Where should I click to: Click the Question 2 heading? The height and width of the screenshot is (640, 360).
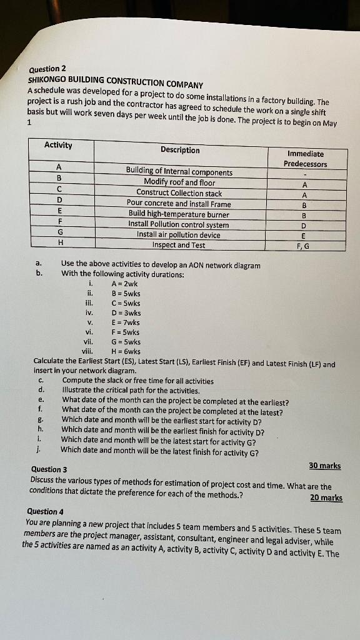point(47,69)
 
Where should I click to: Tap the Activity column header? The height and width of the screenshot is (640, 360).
point(58,146)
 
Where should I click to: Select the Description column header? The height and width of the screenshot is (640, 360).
point(180,150)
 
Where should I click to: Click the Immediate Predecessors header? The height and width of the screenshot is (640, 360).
point(306,159)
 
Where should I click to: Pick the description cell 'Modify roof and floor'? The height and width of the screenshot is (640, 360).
point(179,182)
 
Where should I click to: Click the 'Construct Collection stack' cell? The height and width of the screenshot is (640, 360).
point(179,193)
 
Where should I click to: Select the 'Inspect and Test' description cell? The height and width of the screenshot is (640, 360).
point(179,245)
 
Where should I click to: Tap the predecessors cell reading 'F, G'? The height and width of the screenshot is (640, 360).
point(302,246)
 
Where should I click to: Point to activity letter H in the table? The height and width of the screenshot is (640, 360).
point(59,242)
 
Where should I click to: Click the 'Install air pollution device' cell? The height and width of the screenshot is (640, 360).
point(179,235)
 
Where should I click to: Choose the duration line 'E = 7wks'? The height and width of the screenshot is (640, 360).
point(126,322)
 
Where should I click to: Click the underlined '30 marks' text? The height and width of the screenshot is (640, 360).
point(325,466)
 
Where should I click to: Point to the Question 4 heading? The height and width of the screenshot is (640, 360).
point(45,511)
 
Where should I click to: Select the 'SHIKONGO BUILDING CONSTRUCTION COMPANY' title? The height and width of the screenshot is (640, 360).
point(116,81)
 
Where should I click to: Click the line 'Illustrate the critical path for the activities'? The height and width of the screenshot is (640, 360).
point(131,391)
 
